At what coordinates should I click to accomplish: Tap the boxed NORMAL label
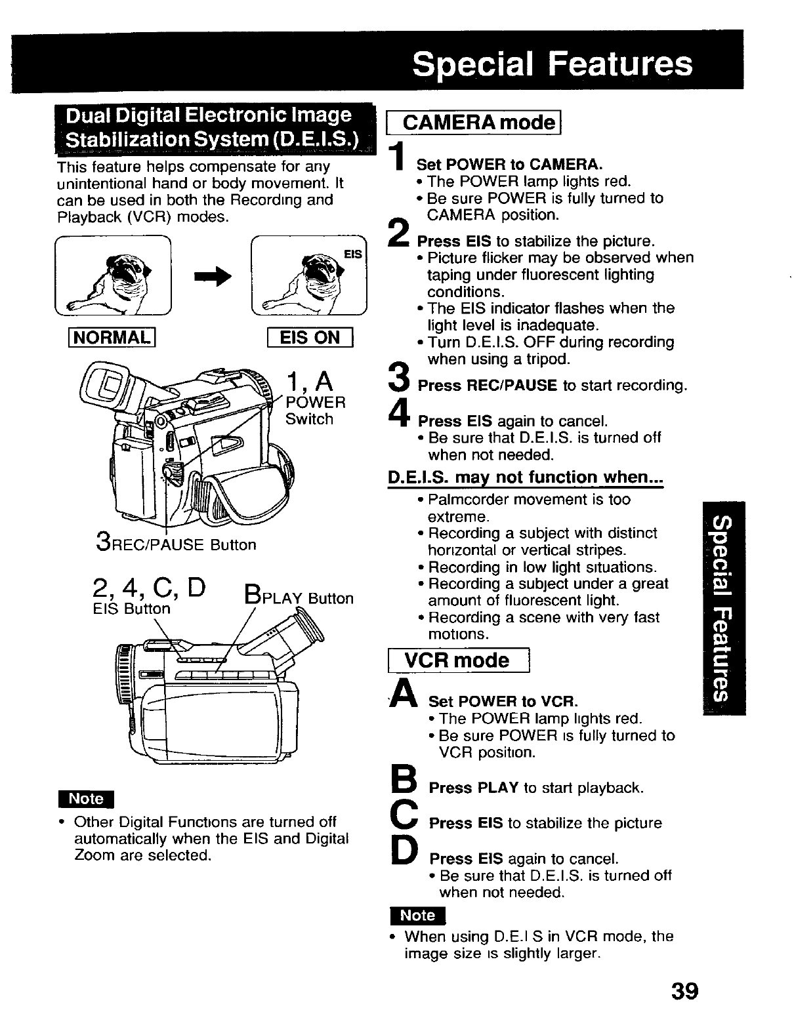(x=115, y=338)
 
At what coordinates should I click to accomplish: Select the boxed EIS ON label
(x=310, y=338)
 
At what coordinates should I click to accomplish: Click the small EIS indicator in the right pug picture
(x=353, y=254)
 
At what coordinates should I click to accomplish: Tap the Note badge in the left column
(x=86, y=798)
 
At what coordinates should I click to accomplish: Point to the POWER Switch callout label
(x=315, y=410)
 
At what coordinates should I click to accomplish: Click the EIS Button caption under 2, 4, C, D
(x=131, y=609)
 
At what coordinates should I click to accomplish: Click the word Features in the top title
(x=620, y=64)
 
